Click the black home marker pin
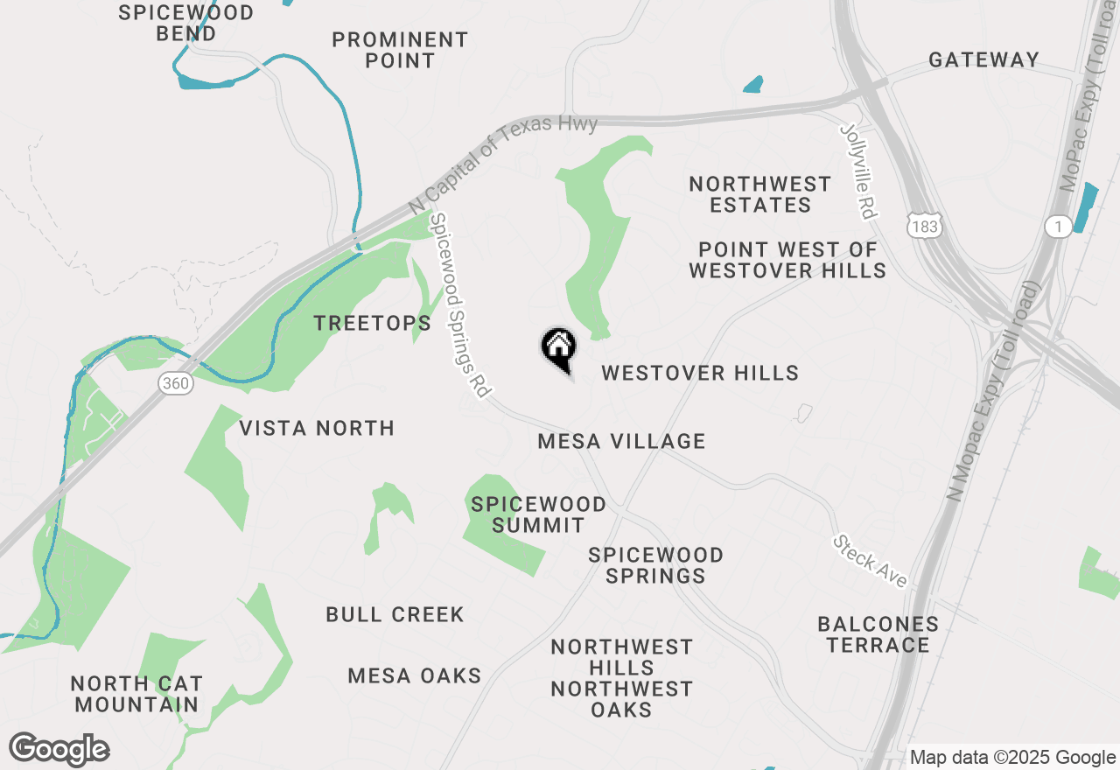tap(558, 348)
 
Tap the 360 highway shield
tap(176, 382)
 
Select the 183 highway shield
tap(924, 227)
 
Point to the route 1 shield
tap(1058, 227)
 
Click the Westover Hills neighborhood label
tap(700, 374)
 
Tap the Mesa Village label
tap(621, 441)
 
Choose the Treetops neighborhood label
tap(373, 323)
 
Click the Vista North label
tap(317, 428)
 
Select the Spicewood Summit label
tap(538, 514)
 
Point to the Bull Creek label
tap(395, 614)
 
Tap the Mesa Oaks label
tap(415, 675)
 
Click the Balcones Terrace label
tap(878, 634)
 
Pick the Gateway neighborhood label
tap(983, 60)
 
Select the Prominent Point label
tap(400, 50)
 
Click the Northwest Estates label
tap(759, 194)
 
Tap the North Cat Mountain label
tap(136, 693)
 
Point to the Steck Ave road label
tap(870, 562)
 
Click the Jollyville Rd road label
tap(858, 170)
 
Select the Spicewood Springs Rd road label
tap(458, 305)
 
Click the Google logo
tap(59, 749)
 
